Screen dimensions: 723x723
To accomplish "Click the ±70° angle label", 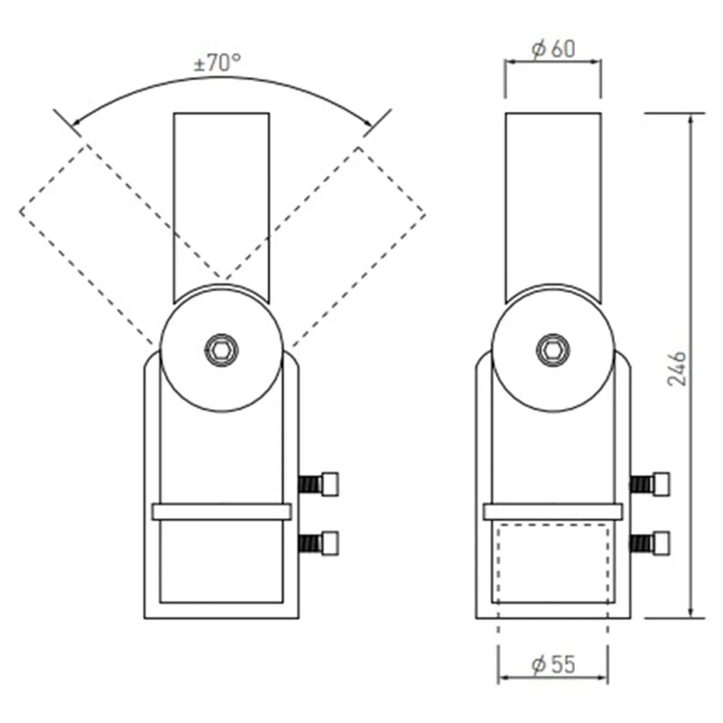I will click(x=217, y=64).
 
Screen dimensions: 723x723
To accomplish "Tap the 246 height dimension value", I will click(x=678, y=368).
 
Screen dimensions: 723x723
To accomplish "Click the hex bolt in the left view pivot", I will click(x=221, y=350).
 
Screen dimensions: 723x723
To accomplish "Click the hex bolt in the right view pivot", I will click(x=552, y=350).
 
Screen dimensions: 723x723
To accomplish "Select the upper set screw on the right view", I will click(x=651, y=484).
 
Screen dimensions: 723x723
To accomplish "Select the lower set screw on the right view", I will click(x=651, y=543).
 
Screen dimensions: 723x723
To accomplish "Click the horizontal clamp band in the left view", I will click(x=221, y=512).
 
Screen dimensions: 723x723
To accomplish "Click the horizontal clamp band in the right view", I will click(x=552, y=512).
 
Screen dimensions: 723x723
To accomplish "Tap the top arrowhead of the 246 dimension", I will click(x=690, y=118).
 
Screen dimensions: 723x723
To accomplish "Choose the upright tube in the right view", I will click(x=553, y=197).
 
